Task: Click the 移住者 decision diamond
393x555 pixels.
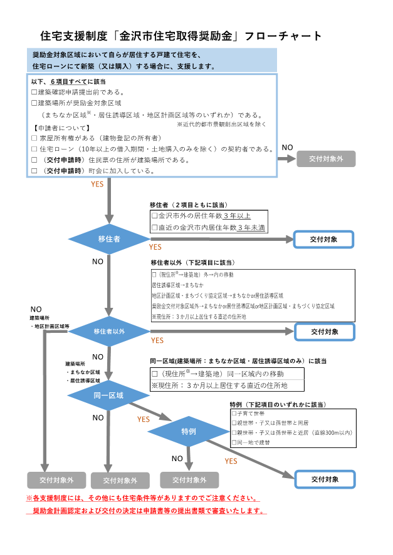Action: coord(109,239)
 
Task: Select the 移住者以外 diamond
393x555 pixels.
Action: coord(109,332)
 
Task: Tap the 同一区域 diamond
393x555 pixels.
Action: coord(109,395)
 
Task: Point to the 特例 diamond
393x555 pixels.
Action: coord(189,432)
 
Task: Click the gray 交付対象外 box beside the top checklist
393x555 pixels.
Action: coord(326,159)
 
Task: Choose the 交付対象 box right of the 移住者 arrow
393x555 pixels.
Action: coord(324,240)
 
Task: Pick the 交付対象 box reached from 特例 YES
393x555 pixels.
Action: coord(324,479)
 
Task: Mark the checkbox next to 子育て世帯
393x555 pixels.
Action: coord(234,414)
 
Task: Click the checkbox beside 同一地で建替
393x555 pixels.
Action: coord(234,442)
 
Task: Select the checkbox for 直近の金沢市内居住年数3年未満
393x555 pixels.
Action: coord(155,227)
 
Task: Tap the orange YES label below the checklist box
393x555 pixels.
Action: coord(97,185)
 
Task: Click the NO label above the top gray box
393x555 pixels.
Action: coord(287,148)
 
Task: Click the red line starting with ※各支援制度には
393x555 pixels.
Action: coord(142,499)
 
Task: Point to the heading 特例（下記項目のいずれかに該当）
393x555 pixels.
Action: coord(278,405)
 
